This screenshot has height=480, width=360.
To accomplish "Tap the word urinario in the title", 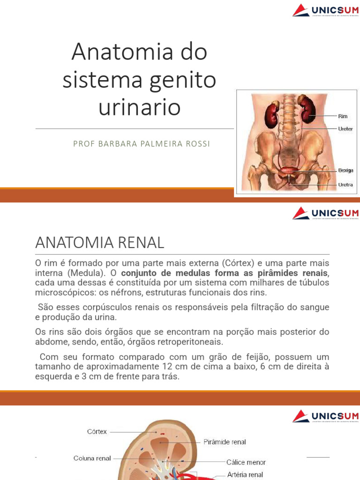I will [139, 107].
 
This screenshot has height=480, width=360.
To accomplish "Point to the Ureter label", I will [345, 127].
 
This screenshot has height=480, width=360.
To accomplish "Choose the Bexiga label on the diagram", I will [345, 170].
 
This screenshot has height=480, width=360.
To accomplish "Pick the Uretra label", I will [345, 185].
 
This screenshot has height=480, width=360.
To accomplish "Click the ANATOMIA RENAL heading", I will [100, 242].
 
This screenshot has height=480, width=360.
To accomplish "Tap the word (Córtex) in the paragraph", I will [240, 262].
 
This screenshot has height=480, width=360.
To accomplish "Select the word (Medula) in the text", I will [88, 273].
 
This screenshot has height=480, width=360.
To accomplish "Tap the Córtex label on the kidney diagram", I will [97, 431].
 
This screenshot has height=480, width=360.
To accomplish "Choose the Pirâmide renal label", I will [225, 442].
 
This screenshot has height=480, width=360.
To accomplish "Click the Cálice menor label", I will [246, 462].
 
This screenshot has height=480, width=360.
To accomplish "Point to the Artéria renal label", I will [245, 474].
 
